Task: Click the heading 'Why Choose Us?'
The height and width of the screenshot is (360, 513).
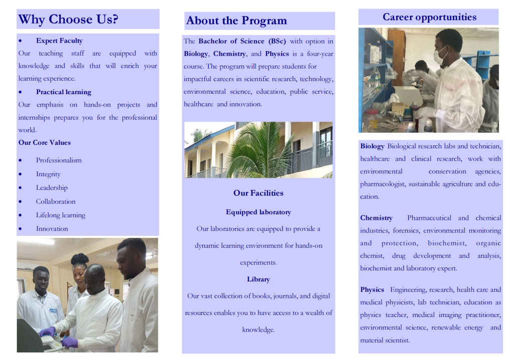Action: pyautogui.click(x=68, y=20)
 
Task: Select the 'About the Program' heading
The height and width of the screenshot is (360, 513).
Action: pyautogui.click(x=236, y=21)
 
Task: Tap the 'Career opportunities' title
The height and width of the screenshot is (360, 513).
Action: pyautogui.click(x=429, y=17)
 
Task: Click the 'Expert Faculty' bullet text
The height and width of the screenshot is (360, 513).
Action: pyautogui.click(x=59, y=41)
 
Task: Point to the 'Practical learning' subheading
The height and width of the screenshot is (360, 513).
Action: pyautogui.click(x=64, y=92)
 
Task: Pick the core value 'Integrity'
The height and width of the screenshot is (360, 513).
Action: pyautogui.click(x=48, y=174)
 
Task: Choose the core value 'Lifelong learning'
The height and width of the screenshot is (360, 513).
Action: pyautogui.click(x=61, y=215)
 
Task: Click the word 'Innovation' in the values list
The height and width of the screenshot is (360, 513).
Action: pyautogui.click(x=52, y=228)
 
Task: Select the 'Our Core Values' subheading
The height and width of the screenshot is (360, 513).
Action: pyautogui.click(x=45, y=143)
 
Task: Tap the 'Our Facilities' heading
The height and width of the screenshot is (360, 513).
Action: pyautogui.click(x=258, y=193)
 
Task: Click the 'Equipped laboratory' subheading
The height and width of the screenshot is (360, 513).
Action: pyautogui.click(x=258, y=212)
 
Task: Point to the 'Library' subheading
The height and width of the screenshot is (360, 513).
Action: pyautogui.click(x=258, y=279)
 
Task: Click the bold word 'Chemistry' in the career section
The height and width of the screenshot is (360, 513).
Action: pyautogui.click(x=376, y=218)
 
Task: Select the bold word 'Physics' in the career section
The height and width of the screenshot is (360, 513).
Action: pyautogui.click(x=372, y=290)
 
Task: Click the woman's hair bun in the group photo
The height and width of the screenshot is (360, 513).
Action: pyautogui.click(x=80, y=259)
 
